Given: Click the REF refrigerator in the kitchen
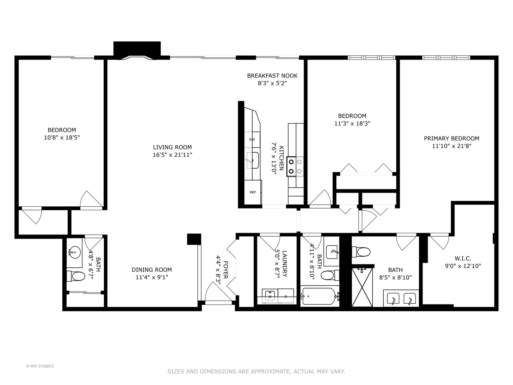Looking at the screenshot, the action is point(253,192).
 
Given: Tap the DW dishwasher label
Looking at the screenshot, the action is point(252,139).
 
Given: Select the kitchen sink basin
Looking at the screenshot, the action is point(253,160).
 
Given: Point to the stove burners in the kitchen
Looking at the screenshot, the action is point(295,166).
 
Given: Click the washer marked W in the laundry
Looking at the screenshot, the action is point(270,296).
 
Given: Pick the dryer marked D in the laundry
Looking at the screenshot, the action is point(286,296).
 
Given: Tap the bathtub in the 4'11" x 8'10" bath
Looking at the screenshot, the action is point(319,296).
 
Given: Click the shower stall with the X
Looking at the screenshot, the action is point(362,287).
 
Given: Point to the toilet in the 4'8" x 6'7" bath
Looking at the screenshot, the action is point(76,276).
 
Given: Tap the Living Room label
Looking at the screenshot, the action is point(172,147).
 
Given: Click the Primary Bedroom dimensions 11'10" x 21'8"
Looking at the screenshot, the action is point(451,146).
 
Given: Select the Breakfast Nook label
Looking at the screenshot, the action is point(272,76).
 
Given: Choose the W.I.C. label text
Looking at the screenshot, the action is point(463,258).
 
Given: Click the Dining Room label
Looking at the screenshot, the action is point(152,270).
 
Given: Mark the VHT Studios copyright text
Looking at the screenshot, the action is point(40,366).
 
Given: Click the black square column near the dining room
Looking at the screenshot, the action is point(194,239).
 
